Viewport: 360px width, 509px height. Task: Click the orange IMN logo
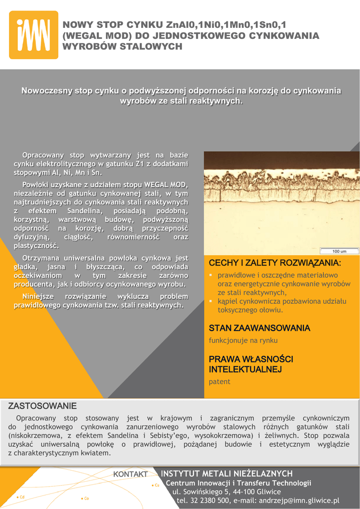pos(33,35)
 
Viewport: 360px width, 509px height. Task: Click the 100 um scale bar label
pos(339,251)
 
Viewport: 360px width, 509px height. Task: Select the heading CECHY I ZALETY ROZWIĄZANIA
pos(275,262)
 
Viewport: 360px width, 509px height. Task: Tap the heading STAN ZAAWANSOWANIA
pos(259,328)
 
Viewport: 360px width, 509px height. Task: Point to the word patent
pos(219,382)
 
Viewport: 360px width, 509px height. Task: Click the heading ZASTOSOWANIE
pos(42,406)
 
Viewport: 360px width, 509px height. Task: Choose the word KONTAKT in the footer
pos(130,475)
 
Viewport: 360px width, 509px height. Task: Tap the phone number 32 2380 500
pos(209,501)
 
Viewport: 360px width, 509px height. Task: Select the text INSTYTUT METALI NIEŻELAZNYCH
pos(227,474)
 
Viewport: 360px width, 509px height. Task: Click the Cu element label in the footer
pos(156,485)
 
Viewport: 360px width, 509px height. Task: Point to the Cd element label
pos(21,497)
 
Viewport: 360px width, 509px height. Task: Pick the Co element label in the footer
pos(86,498)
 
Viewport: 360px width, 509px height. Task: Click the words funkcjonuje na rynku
pos(243,340)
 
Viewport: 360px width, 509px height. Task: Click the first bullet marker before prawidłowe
pos(211,275)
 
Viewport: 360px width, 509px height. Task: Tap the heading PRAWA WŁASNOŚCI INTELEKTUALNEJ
pos(251,364)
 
